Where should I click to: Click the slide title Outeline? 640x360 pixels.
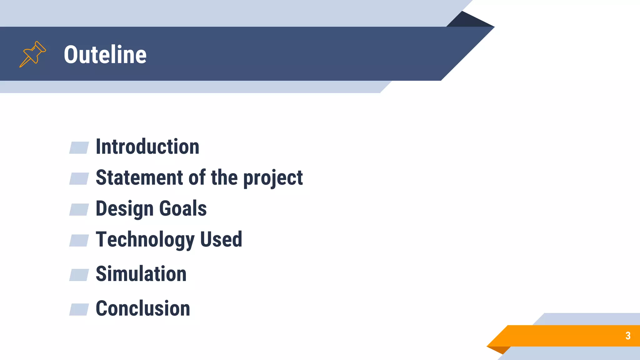coord(105,54)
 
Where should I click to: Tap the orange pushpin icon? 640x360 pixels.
coord(32,54)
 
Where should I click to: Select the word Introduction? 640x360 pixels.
coord(147,147)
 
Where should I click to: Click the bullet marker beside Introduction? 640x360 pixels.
coord(79,148)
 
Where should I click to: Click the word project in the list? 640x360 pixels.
coord(272,178)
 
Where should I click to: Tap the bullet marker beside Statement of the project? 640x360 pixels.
coord(79,178)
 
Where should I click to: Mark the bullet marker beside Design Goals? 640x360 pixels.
coord(79,209)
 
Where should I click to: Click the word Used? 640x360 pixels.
coord(221,239)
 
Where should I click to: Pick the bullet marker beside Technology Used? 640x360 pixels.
coord(79,240)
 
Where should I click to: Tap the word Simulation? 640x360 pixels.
coord(141,274)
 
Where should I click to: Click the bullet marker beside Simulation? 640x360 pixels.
coord(79,275)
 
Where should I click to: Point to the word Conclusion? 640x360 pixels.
coord(143,308)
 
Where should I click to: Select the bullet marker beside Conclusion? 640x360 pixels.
coord(79,309)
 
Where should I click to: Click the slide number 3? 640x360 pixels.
coord(628,336)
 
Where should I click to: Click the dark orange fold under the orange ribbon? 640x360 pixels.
coord(500,349)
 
